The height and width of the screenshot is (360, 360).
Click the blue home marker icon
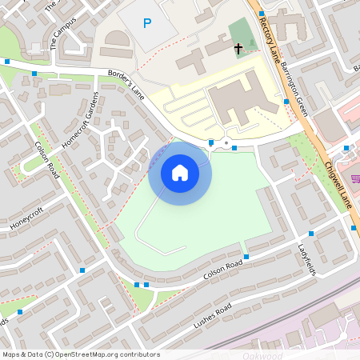click(180, 173)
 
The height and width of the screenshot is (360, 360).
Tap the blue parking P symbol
click(146, 23)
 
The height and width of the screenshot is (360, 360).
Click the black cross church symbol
click(238, 49)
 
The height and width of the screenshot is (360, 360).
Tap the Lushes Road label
click(213, 318)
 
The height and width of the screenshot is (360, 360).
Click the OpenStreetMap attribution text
click(80, 354)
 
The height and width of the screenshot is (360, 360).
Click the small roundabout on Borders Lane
click(227, 145)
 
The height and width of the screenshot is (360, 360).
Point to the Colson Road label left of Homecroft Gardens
click(46, 160)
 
